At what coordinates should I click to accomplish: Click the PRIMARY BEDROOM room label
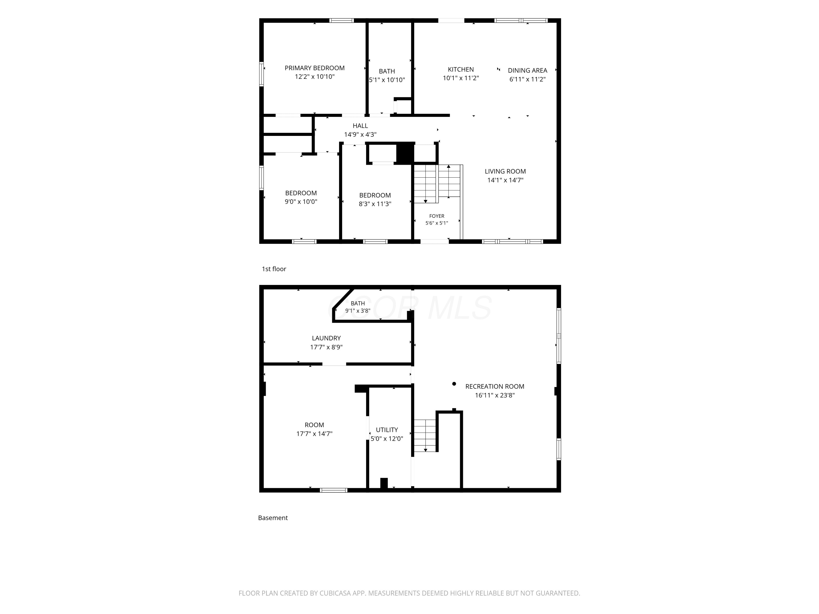[314, 68]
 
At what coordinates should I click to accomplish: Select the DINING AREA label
[527, 70]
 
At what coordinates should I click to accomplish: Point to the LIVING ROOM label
[505, 171]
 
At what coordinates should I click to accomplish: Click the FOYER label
[437, 216]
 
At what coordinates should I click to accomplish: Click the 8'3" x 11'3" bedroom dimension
[375, 204]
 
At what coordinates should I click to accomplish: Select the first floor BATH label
[387, 71]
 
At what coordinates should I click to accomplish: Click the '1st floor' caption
[274, 269]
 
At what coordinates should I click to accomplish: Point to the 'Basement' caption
[273, 518]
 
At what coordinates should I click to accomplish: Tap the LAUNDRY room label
[326, 338]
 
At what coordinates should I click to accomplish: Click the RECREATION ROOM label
[495, 386]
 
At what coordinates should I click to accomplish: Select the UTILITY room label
[387, 430]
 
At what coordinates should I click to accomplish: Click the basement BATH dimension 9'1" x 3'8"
[358, 311]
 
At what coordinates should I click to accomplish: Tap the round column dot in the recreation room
[454, 384]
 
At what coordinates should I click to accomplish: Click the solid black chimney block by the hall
[405, 153]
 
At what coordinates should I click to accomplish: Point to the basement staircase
[425, 435]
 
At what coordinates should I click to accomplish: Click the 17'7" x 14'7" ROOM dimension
[314, 434]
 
